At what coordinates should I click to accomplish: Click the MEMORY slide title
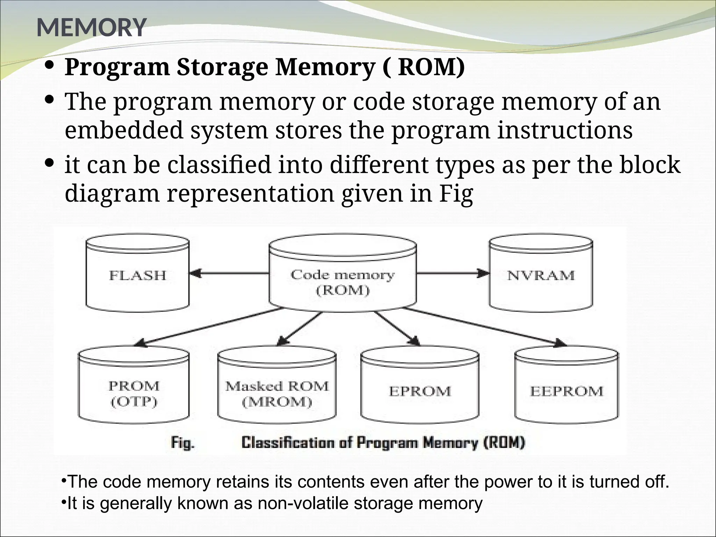pos(91,27)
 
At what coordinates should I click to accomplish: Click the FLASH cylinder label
pos(137,275)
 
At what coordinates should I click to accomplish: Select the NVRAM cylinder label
pos(540,275)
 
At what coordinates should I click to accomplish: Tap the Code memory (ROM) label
pos(342,282)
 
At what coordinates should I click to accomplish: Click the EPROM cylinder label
pos(420,391)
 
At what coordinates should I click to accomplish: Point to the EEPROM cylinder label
pos(566,391)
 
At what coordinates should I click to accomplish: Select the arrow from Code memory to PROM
pos(210,327)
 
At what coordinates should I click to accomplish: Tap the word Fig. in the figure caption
pos(182,443)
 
